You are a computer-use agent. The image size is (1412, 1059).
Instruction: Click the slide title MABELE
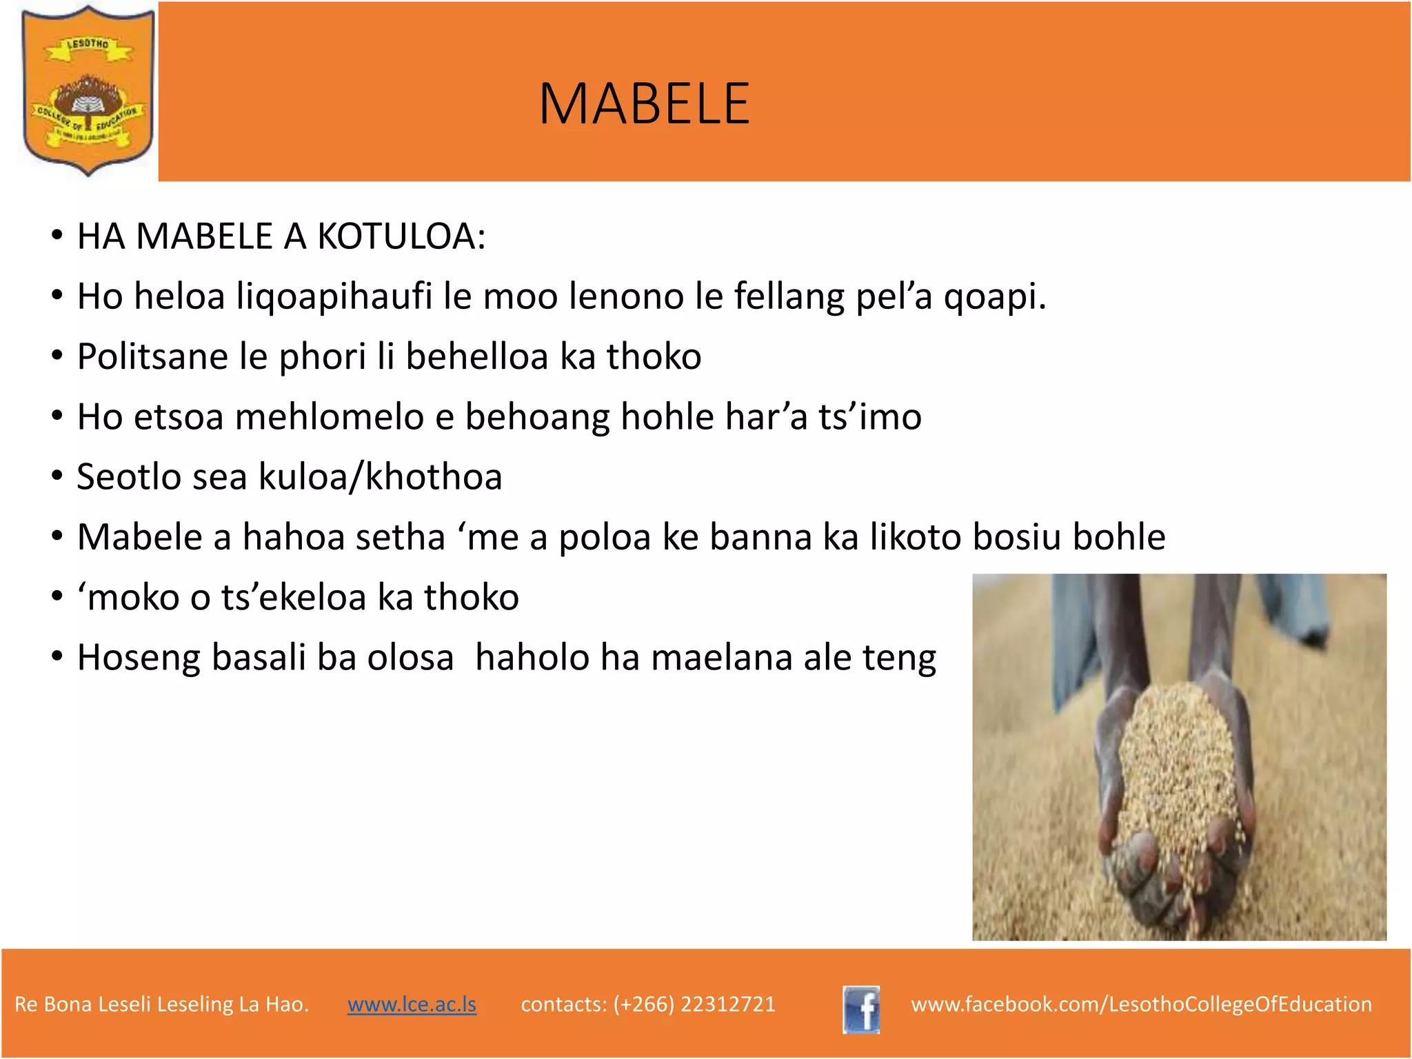[x=644, y=104]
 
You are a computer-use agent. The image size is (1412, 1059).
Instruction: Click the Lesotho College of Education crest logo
[x=88, y=90]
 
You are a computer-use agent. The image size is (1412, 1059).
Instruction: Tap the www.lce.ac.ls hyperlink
[x=412, y=1004]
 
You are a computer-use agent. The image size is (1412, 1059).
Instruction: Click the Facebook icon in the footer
[x=861, y=1009]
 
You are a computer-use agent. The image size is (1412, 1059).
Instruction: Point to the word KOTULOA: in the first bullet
[x=401, y=236]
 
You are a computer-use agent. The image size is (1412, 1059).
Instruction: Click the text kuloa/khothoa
[x=380, y=476]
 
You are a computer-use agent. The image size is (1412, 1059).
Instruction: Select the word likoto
[x=915, y=536]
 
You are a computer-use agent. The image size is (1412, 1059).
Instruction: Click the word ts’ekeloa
[x=294, y=597]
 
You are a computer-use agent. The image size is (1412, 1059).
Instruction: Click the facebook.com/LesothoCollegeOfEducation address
[x=1141, y=1004]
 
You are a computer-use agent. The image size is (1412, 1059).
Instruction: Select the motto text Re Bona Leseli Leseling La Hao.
[x=161, y=1004]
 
